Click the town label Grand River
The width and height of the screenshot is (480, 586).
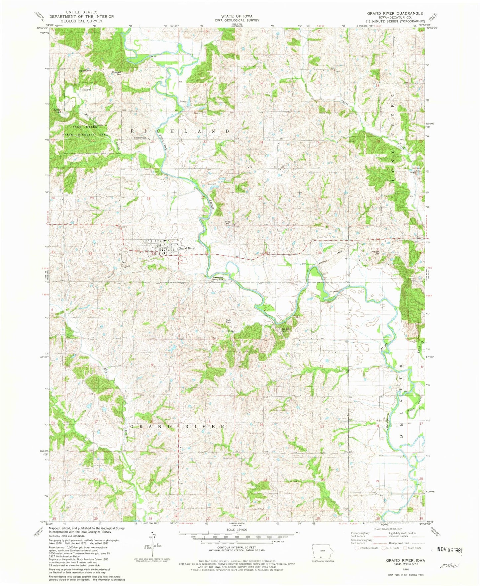187,248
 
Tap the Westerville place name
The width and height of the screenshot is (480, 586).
140,138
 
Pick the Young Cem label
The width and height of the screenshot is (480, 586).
228,222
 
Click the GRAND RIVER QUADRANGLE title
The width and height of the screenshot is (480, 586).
395,13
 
